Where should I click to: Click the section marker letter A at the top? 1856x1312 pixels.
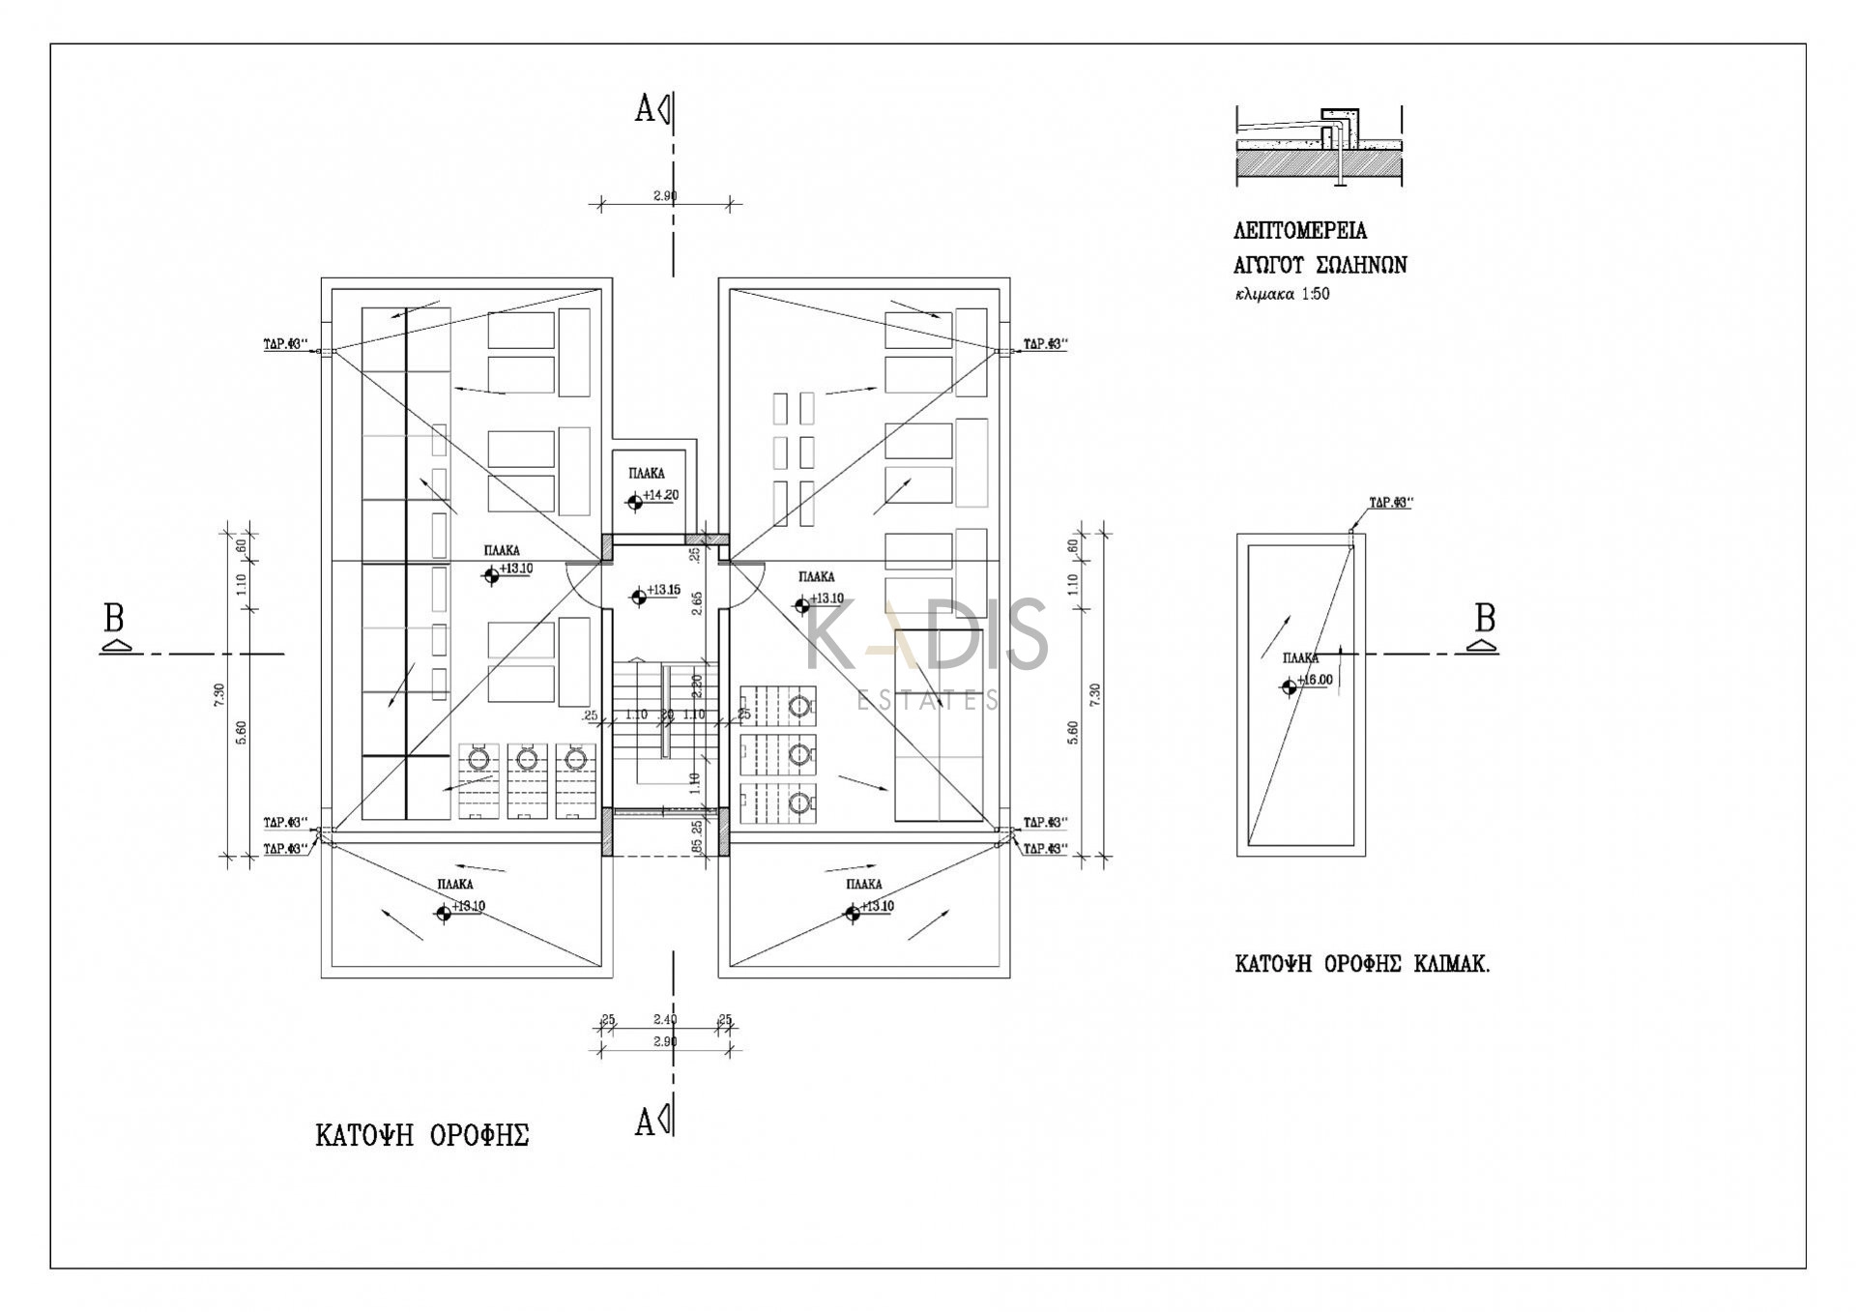point(644,109)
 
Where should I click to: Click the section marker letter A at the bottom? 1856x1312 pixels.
point(644,1122)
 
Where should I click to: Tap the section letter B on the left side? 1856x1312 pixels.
point(114,617)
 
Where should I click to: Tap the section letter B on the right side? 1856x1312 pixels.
point(1485,617)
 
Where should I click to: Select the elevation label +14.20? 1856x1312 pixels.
point(662,495)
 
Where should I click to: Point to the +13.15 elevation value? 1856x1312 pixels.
point(664,590)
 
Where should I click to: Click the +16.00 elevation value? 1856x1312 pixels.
point(1315,680)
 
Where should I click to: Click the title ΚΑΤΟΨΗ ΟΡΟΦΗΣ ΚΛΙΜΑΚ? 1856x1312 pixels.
point(1362,964)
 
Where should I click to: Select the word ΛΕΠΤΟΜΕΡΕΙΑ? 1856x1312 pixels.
point(1300,231)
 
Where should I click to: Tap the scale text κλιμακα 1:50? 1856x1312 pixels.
point(1282,294)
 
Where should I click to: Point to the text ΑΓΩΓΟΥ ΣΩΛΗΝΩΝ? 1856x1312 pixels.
point(1320,265)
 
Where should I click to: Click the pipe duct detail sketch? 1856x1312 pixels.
point(1319,145)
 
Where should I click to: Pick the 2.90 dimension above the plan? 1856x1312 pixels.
point(665,195)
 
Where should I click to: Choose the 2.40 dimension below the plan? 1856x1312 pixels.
point(665,1019)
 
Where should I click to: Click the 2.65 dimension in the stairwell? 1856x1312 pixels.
point(697,603)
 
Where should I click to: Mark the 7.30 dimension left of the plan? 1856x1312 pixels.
point(218,694)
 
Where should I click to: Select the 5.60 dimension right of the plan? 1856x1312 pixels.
point(1072,732)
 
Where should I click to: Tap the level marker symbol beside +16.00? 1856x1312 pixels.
point(1288,686)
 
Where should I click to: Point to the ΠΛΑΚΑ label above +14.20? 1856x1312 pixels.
point(647,474)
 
